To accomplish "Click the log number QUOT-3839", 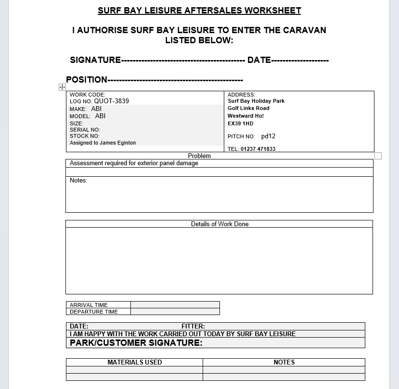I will coord(111,101).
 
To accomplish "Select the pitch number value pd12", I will coord(268,136).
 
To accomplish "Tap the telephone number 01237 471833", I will coord(258,149).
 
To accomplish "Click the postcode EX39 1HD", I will coord(240,124).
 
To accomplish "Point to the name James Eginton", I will coord(118,143).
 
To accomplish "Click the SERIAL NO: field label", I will coord(85,130).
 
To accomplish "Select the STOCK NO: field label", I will coord(85,136).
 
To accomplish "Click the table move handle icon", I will coord(62,87).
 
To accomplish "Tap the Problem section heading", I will coord(199,156).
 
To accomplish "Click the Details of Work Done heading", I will coord(219,224).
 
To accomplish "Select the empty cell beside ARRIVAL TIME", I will coord(175,305).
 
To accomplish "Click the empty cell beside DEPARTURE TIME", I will coord(175,312).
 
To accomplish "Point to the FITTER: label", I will coord(193,327).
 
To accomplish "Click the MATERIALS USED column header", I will coord(134,363).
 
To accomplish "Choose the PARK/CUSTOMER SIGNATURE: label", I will coord(136,343).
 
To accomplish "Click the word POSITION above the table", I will coord(87,80).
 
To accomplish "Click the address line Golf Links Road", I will coord(248,109).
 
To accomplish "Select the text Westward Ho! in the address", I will coord(245,116).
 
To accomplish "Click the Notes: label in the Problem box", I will coord(78,181).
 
